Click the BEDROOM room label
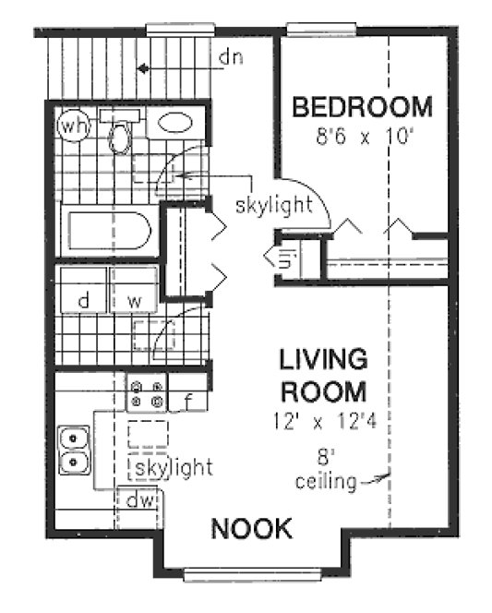pyautogui.click(x=362, y=107)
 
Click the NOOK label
pyautogui.click(x=252, y=529)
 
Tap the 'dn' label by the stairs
pyautogui.click(x=230, y=58)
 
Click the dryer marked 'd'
pyautogui.click(x=82, y=301)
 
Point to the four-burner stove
pyautogui.click(x=147, y=394)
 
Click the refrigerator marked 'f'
pyautogui.click(x=187, y=401)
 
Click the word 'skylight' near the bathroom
pyautogui.click(x=274, y=205)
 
